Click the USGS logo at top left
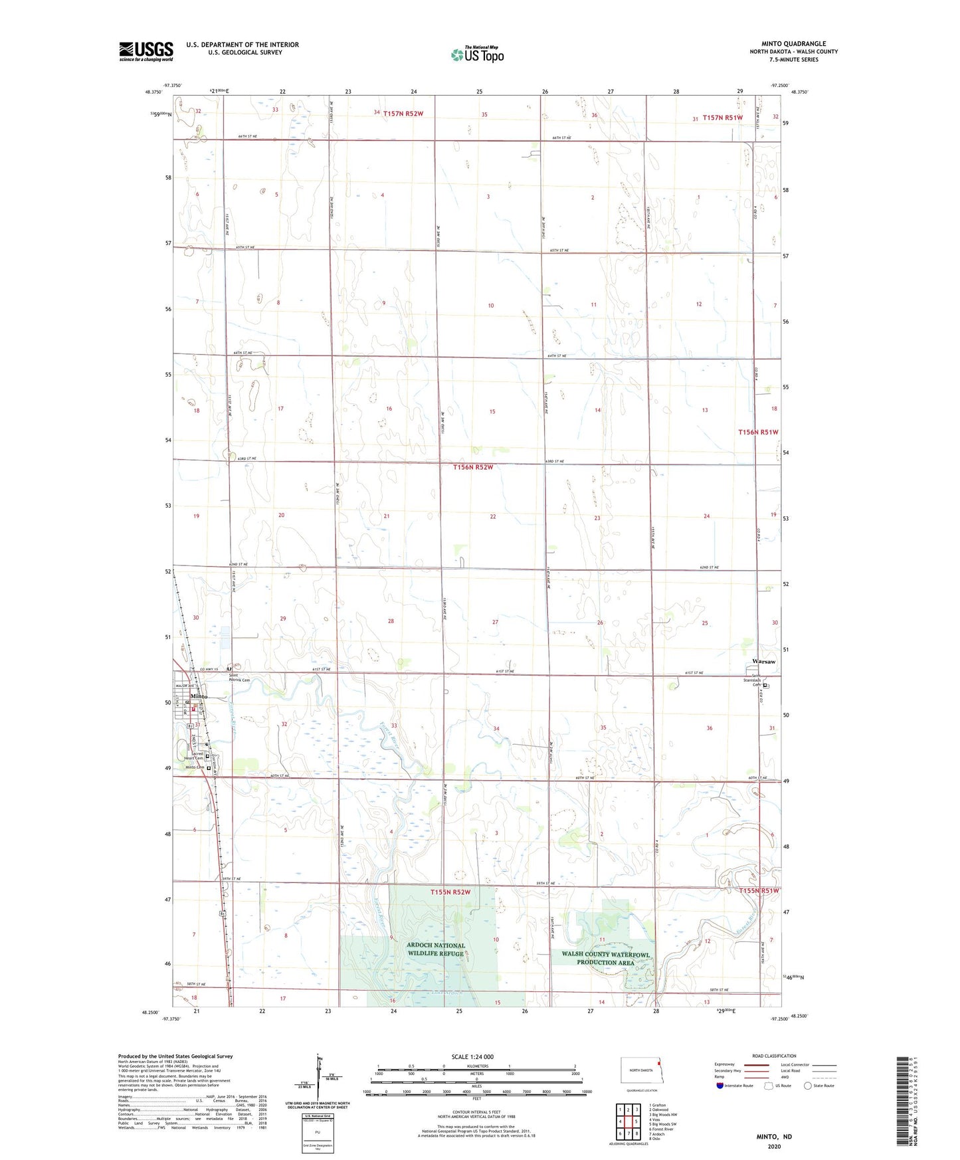(x=145, y=51)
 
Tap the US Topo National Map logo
(x=477, y=54)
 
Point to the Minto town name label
(x=198, y=696)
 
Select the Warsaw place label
(x=763, y=662)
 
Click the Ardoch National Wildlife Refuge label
(x=436, y=949)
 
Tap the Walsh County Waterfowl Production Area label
(x=605, y=958)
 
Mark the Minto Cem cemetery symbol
(x=209, y=768)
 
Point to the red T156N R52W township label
(x=473, y=467)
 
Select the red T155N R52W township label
(x=450, y=892)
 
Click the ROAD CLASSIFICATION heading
(x=774, y=1056)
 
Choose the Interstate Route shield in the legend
(x=720, y=1086)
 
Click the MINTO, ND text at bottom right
(x=774, y=1137)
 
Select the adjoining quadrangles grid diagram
(x=627, y=1121)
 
